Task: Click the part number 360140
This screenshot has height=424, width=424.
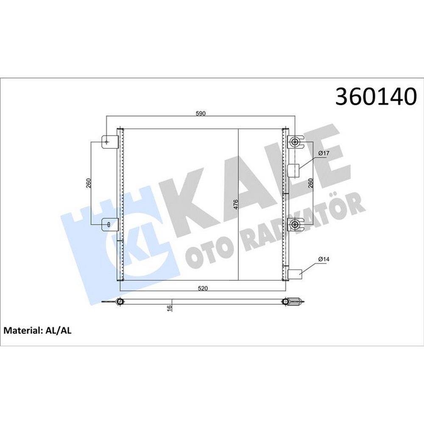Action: coord(376,96)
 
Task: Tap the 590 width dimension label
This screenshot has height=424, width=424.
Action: coord(201,114)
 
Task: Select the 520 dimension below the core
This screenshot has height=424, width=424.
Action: coord(203,288)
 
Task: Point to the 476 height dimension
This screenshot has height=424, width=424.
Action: coord(235,205)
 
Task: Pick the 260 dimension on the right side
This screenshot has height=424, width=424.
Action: coord(310,183)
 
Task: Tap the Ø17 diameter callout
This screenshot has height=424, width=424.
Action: coord(324,153)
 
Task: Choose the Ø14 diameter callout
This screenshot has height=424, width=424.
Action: coord(324,259)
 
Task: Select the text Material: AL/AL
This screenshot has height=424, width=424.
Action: coord(38,330)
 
